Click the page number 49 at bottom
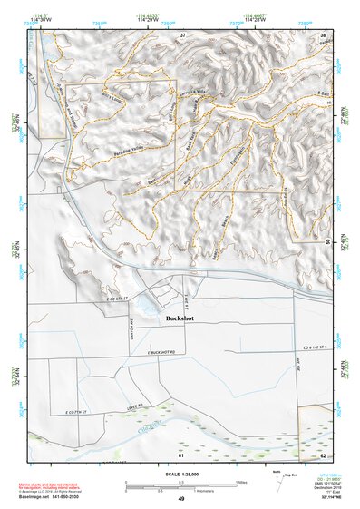[x=181, y=499]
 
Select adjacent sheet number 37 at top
[x=182, y=34]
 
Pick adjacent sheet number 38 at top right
[x=323, y=34]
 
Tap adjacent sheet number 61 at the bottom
[x=180, y=455]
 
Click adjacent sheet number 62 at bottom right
[x=323, y=455]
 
